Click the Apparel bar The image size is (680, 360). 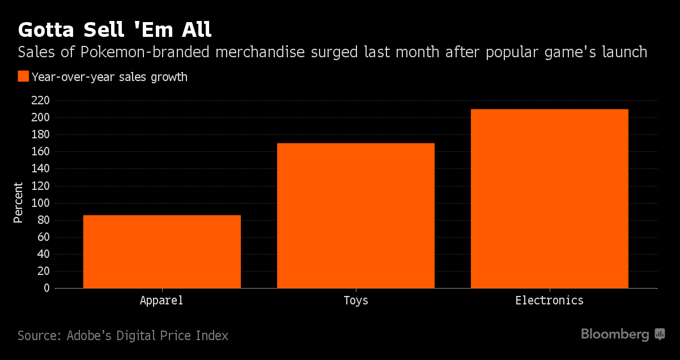[161, 251]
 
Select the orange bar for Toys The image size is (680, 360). [356, 215]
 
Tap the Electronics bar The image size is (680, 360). [550, 198]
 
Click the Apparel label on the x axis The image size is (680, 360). [161, 300]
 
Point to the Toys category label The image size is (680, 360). [356, 300]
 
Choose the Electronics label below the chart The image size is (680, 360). [549, 300]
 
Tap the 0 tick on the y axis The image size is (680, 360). [46, 288]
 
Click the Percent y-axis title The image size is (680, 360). [19, 202]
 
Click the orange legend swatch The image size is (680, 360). [23, 77]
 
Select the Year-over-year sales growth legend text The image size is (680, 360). [109, 77]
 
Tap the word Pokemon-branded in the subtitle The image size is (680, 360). [139, 52]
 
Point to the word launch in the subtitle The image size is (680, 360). [623, 52]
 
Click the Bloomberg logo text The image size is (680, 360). [615, 334]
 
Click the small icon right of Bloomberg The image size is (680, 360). [660, 334]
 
